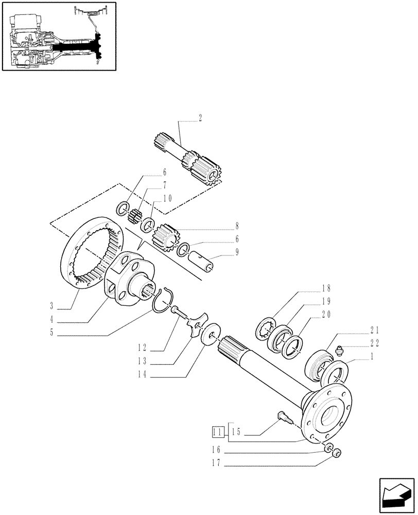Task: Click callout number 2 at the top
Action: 200,118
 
